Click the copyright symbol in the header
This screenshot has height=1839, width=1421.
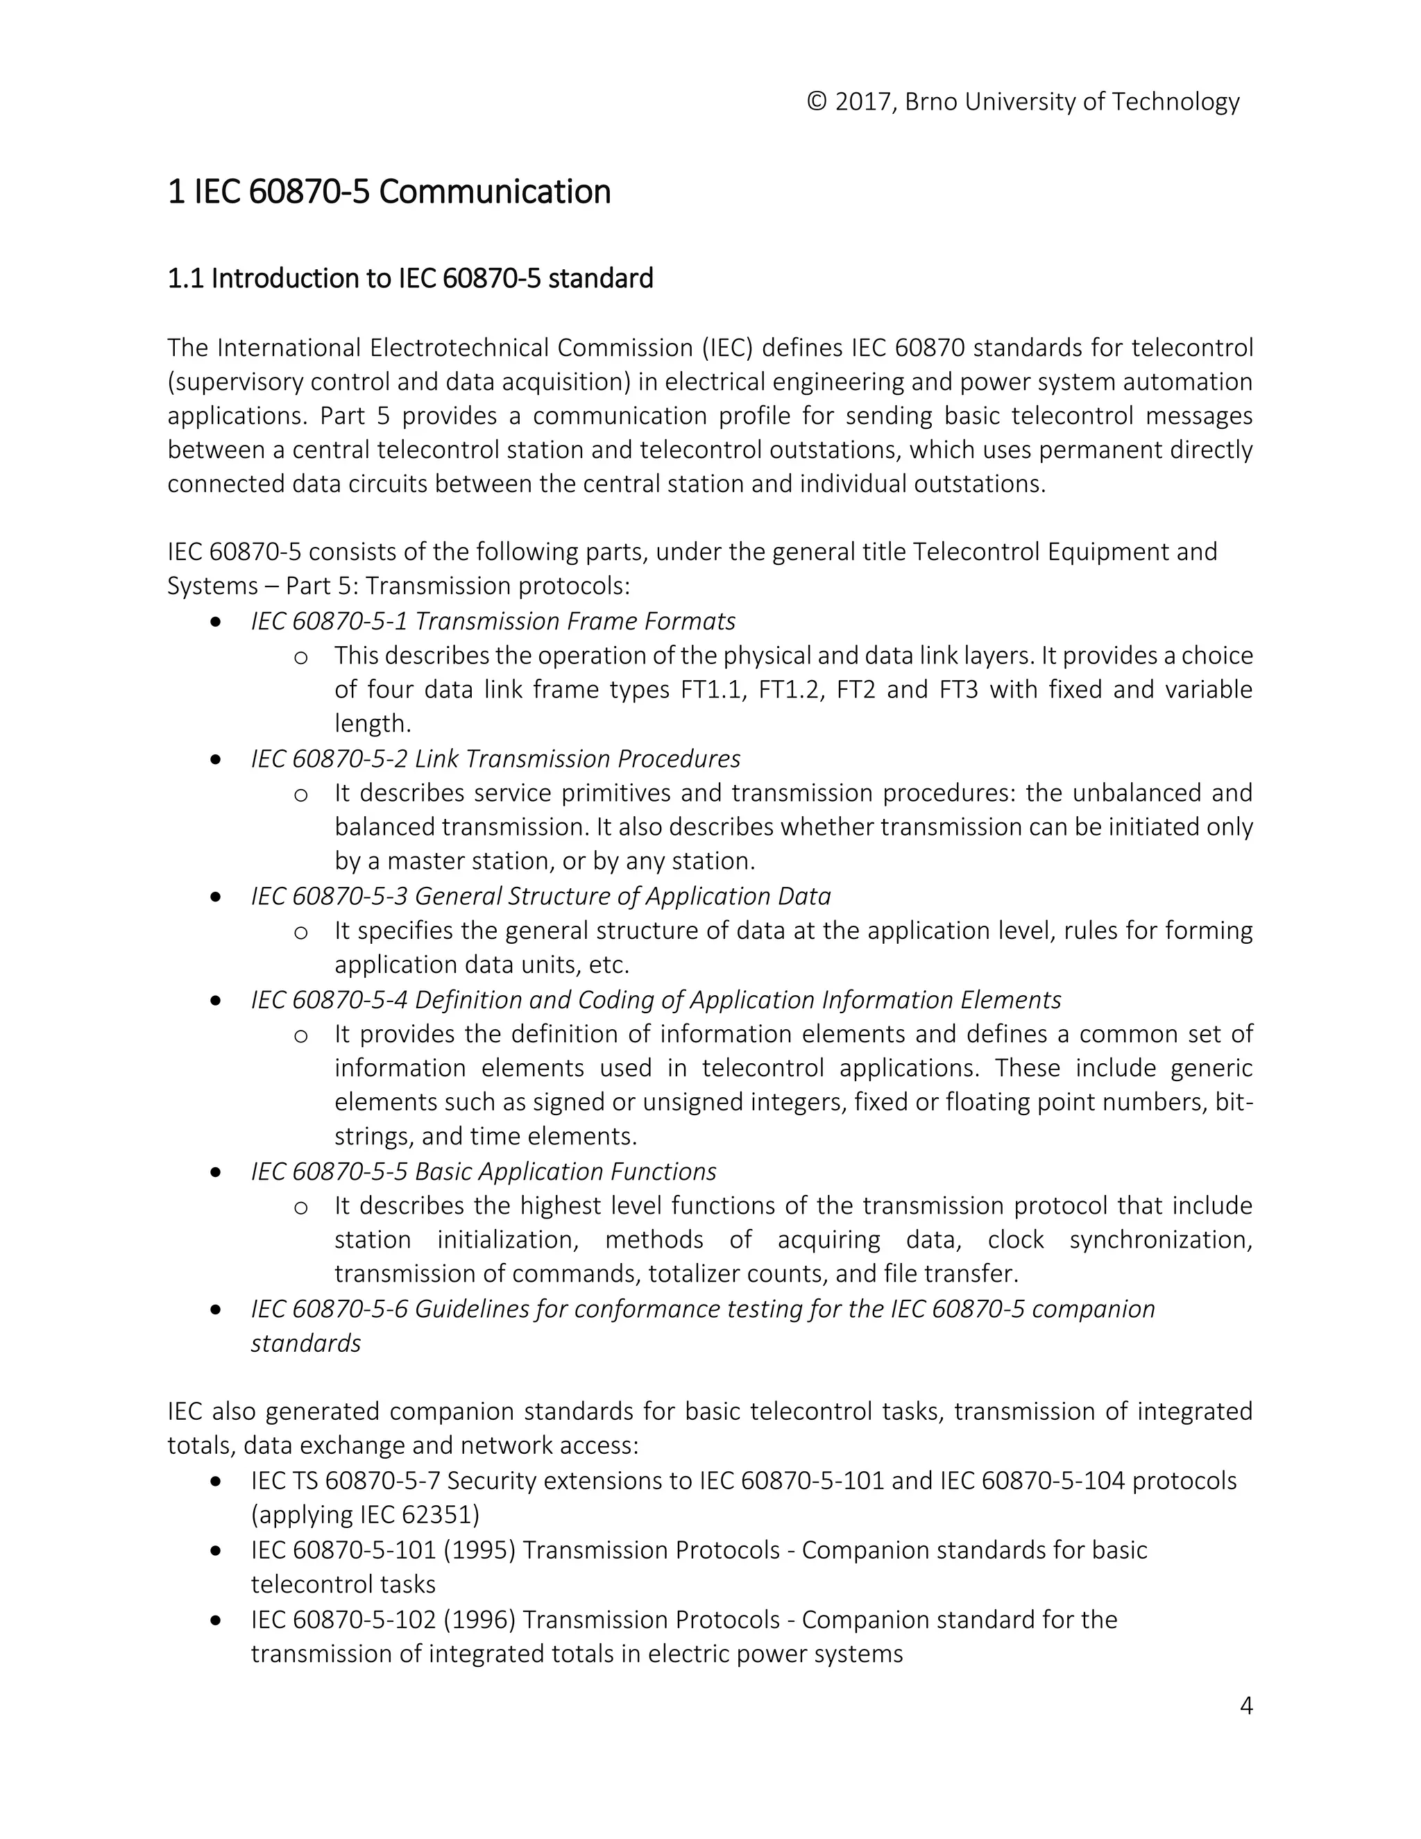tap(817, 102)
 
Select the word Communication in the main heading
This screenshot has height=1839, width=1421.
tap(494, 192)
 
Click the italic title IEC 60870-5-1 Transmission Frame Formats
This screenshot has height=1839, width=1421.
tap(493, 621)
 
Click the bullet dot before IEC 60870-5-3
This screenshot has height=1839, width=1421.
tap(216, 897)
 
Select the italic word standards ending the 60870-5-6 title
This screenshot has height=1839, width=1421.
tap(305, 1344)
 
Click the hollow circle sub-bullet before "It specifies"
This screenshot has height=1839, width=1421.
tap(300, 932)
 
